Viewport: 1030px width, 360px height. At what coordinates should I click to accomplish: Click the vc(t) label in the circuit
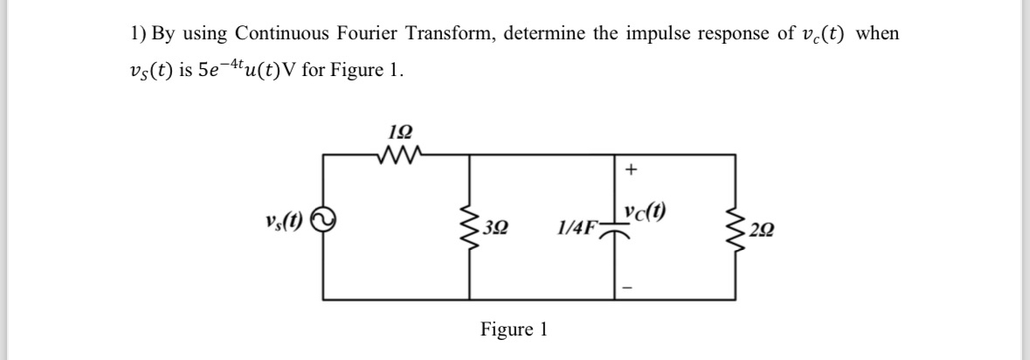(x=647, y=211)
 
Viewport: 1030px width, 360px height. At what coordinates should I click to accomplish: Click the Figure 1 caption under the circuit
(x=515, y=329)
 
